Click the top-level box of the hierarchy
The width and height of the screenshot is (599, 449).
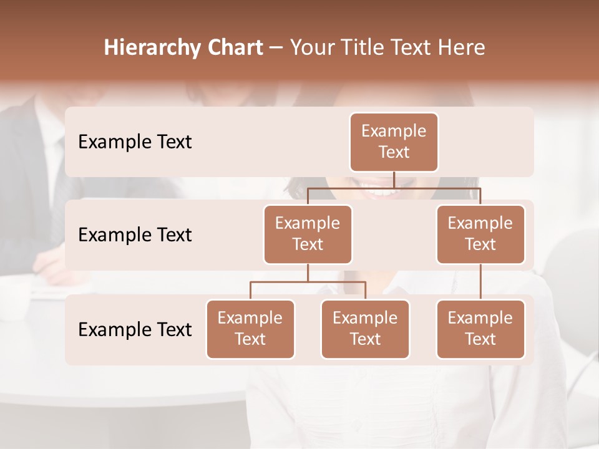click(x=394, y=142)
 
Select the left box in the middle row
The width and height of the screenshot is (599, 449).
click(x=308, y=234)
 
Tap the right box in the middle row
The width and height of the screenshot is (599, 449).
click(x=480, y=234)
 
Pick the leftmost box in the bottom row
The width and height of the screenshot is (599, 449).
click(x=250, y=329)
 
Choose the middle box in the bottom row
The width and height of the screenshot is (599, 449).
click(x=365, y=329)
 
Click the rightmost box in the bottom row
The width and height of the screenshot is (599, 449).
click(x=480, y=329)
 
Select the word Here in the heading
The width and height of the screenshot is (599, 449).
click(x=461, y=48)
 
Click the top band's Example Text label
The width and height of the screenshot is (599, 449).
click(x=135, y=142)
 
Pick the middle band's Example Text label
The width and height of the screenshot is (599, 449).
click(x=135, y=235)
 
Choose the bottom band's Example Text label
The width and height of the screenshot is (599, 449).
click(x=135, y=329)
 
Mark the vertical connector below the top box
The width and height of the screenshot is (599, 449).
click(x=394, y=180)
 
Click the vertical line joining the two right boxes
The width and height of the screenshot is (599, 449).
click(x=480, y=282)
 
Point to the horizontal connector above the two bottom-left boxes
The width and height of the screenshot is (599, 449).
click(x=308, y=282)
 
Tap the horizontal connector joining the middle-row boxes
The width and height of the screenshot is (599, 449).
click(x=394, y=188)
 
